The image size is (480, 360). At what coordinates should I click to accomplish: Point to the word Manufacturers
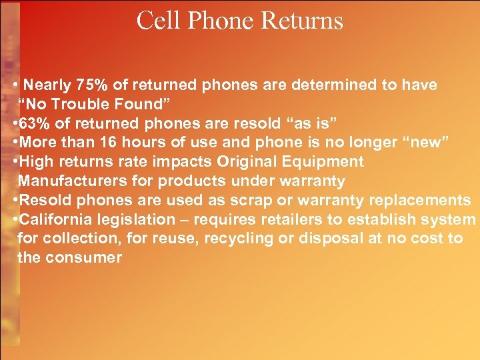(73, 181)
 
